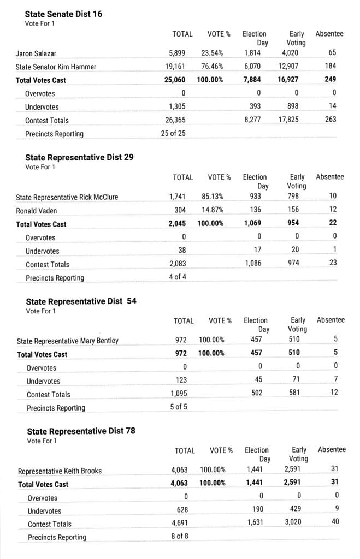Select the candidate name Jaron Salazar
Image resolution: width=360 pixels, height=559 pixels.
point(36,53)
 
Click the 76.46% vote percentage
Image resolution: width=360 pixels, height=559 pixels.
point(212,67)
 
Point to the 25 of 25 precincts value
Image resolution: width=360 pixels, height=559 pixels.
point(173,134)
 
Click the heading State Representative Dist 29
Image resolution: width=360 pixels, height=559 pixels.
point(79,157)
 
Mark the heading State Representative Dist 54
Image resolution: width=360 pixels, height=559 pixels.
point(81,301)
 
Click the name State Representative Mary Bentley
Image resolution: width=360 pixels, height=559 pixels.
point(68,341)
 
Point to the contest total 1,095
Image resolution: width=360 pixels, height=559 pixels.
point(179,394)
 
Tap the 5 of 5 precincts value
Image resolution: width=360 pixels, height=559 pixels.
point(179,407)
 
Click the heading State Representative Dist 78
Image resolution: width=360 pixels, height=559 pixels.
point(81,431)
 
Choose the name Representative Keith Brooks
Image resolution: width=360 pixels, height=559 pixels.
point(60,471)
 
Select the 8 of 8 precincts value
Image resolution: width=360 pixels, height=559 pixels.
point(180,537)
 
